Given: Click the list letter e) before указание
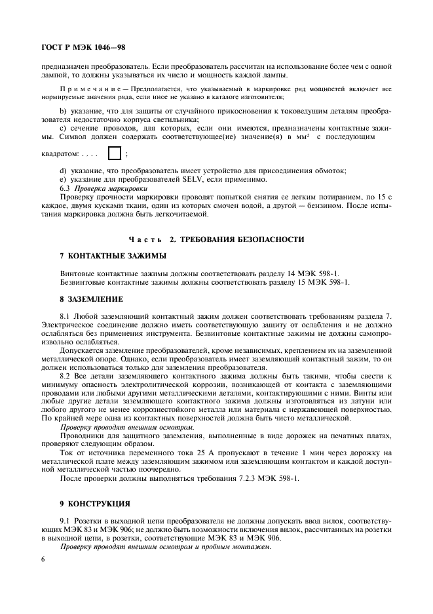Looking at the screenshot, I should coord(63,179).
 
